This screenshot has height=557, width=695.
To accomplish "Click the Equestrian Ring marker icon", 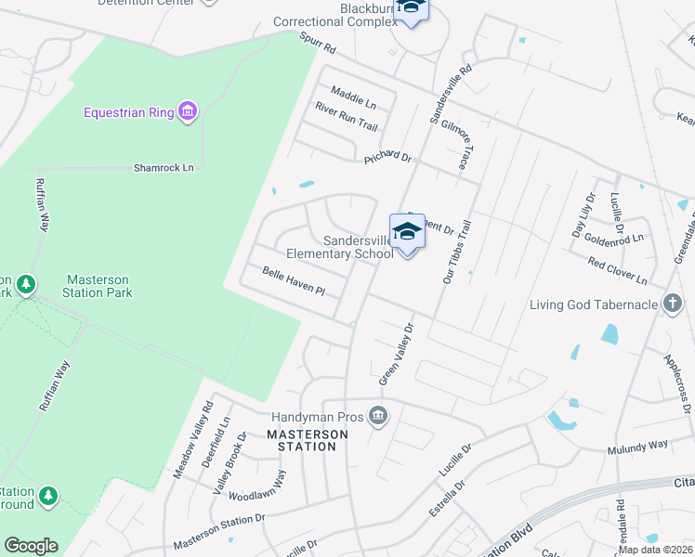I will (x=188, y=112).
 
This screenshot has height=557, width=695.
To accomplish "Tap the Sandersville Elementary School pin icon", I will (x=407, y=231).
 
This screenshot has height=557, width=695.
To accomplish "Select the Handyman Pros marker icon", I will (x=376, y=414).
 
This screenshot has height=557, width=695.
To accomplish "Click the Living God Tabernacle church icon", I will (x=673, y=304).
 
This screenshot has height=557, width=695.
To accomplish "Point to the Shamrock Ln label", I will (x=164, y=167).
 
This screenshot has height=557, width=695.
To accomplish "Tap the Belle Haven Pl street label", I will (x=293, y=282).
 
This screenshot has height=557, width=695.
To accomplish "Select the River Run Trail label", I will (x=347, y=119).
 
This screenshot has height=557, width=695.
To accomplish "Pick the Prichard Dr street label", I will (x=387, y=156).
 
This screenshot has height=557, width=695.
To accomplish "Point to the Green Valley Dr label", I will (x=395, y=354).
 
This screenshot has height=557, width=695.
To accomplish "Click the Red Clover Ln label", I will (x=617, y=270).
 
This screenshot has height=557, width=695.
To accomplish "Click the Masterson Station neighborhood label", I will (x=308, y=440).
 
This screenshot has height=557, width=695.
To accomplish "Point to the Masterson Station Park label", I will (x=98, y=286).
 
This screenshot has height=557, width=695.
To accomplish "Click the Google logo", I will (x=31, y=546).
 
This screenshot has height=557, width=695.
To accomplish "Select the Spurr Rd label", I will (x=317, y=43).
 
